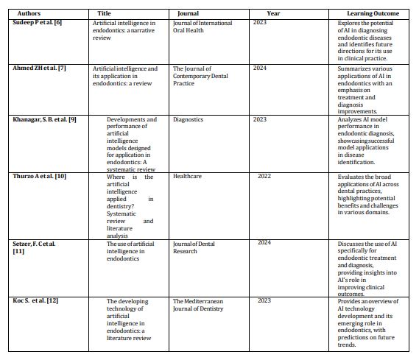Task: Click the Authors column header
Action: click(x=30, y=13)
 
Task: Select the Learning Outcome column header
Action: click(x=373, y=13)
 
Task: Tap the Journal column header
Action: click(x=188, y=13)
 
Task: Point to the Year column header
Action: click(x=273, y=13)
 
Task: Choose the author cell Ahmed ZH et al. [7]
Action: click(x=41, y=68)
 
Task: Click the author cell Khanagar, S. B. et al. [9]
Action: click(x=45, y=119)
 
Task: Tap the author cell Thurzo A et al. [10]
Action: click(x=40, y=177)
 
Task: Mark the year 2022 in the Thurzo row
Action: click(x=264, y=177)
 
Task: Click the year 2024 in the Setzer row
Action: click(x=264, y=242)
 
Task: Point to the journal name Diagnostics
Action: click(x=188, y=119)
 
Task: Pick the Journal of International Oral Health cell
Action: click(x=203, y=27)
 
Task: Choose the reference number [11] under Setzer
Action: click(x=19, y=251)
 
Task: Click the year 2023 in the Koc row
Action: click(x=264, y=300)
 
